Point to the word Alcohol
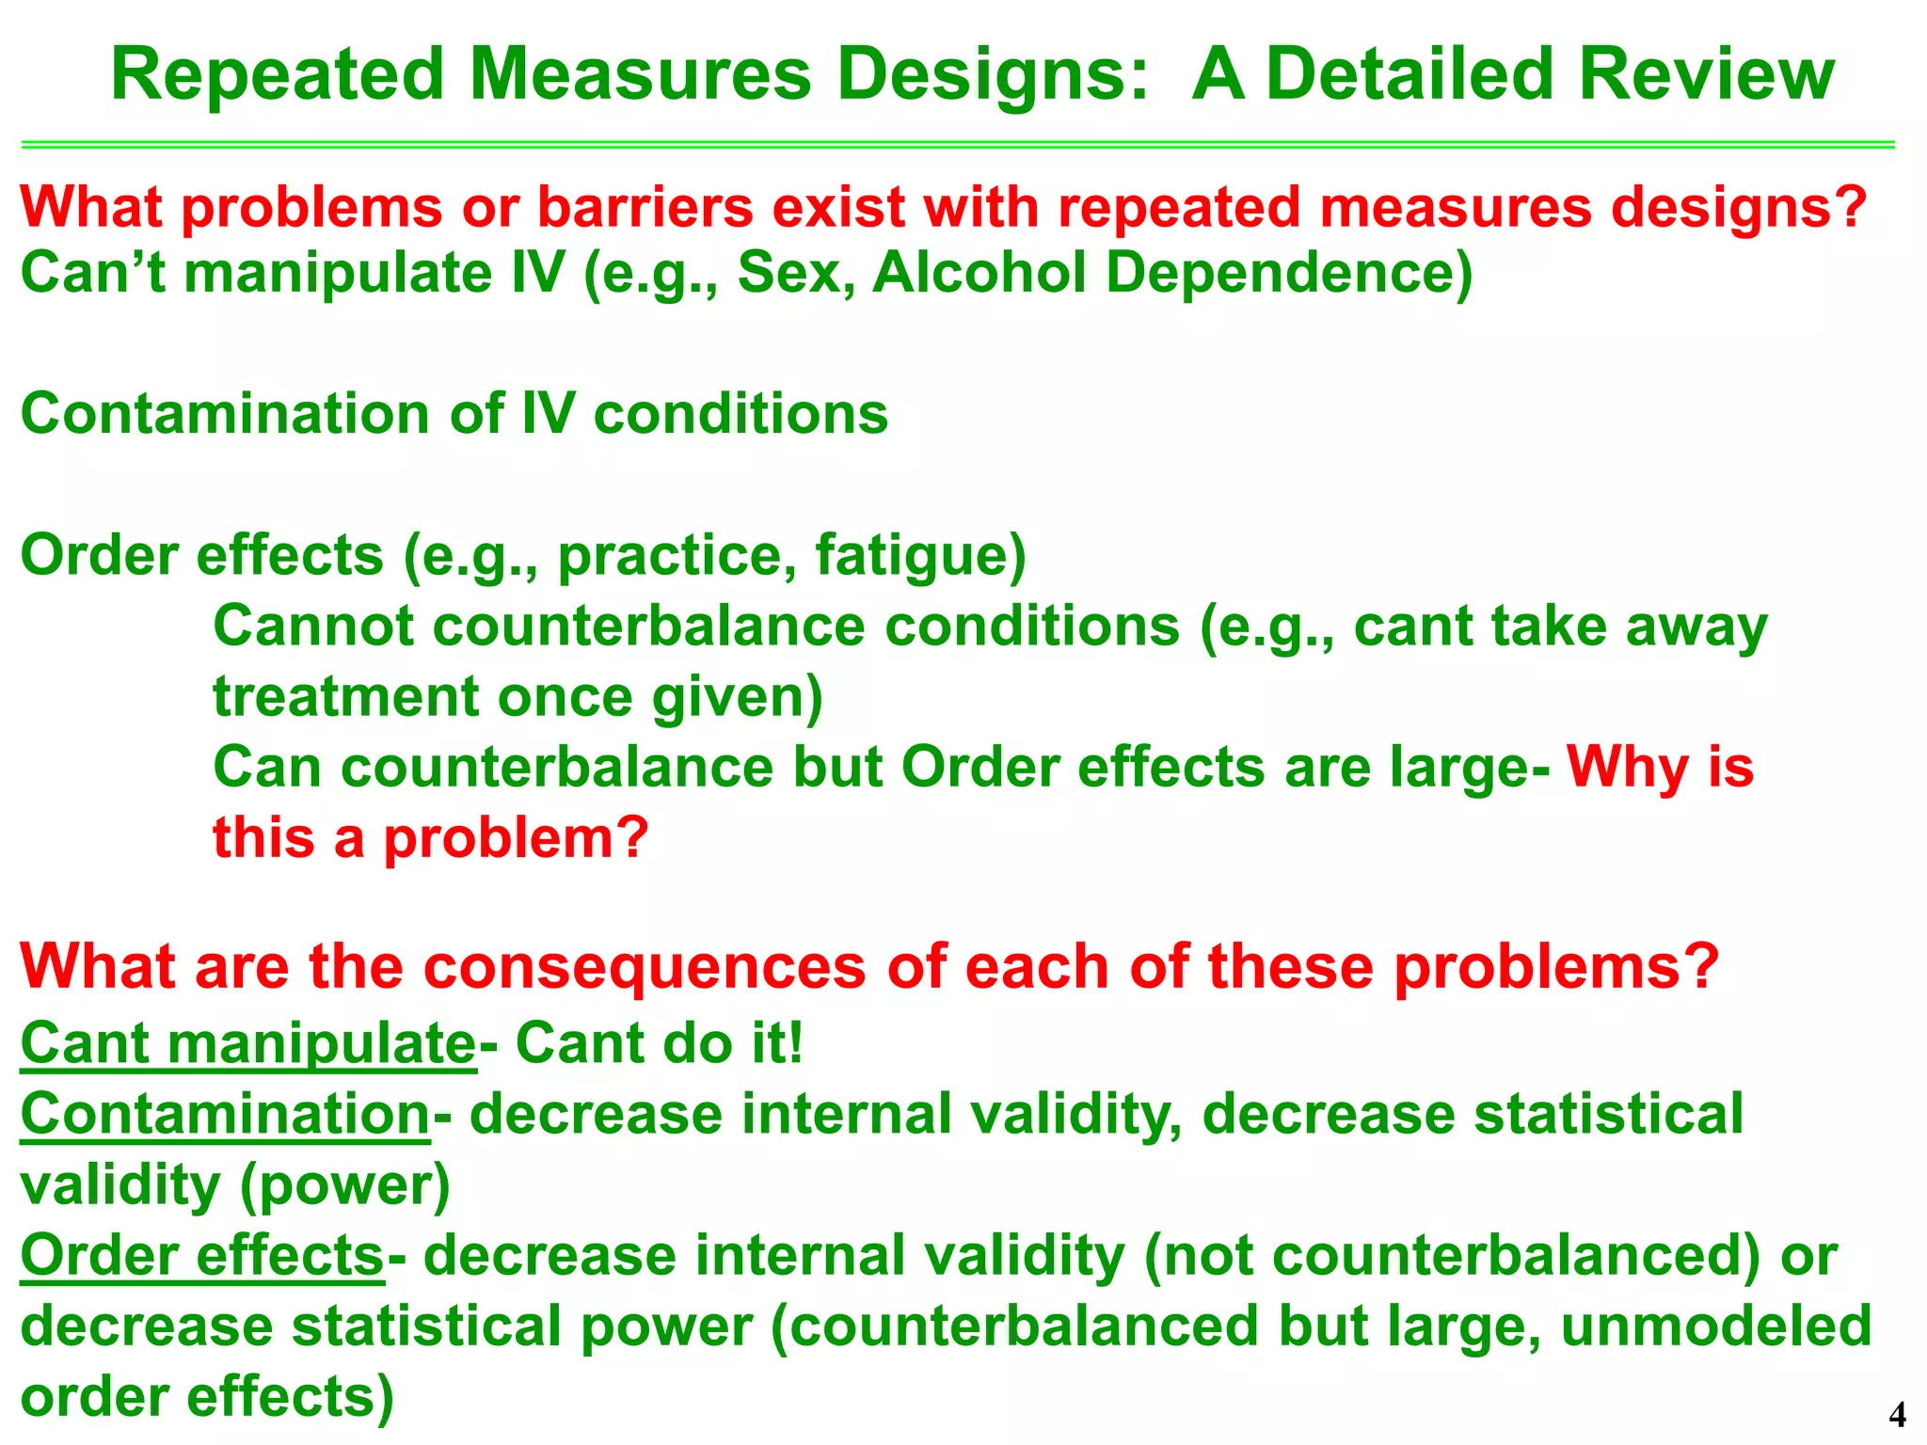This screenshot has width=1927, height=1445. [979, 273]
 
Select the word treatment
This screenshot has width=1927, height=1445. [344, 697]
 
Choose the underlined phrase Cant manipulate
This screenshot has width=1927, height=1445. [248, 1043]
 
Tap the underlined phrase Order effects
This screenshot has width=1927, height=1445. [202, 1256]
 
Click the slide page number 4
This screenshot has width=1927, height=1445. [1897, 1415]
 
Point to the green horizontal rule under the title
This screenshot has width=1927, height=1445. [958, 145]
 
